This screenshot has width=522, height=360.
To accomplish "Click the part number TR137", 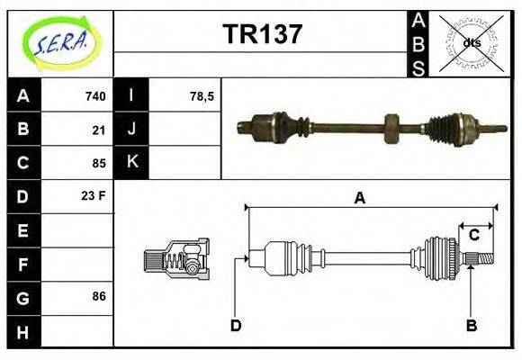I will click(x=262, y=35).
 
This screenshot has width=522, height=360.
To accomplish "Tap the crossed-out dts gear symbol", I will click(x=472, y=42).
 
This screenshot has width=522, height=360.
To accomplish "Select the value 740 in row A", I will click(x=95, y=96).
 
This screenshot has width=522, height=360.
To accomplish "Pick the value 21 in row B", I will click(x=99, y=130).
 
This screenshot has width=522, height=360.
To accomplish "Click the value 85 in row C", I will click(x=99, y=163).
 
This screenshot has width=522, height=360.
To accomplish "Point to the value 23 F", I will click(x=94, y=195).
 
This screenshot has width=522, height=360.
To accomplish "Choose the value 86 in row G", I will click(x=99, y=296).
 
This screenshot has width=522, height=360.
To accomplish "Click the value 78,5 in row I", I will click(x=202, y=96).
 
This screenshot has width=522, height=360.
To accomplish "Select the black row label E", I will click(x=22, y=229).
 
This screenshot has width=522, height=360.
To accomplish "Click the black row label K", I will click(x=132, y=163).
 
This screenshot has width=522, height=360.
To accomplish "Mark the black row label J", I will click(x=132, y=130).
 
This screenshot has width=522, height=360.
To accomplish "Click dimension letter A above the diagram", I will click(x=359, y=198).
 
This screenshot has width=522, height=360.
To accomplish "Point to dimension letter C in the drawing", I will click(x=473, y=236).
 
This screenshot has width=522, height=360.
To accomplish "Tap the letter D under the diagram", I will click(x=236, y=325).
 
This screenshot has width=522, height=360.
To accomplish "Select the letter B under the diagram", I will click(x=470, y=325).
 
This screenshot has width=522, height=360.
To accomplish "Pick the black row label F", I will click(x=22, y=263).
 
